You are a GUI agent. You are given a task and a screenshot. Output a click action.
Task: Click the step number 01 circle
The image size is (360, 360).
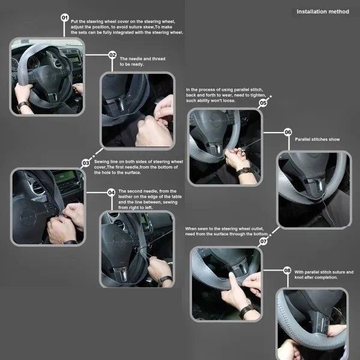[x=65, y=17]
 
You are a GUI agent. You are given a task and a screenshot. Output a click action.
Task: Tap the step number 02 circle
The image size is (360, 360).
[x=112, y=55]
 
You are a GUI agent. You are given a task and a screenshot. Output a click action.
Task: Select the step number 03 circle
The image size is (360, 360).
[x=86, y=163]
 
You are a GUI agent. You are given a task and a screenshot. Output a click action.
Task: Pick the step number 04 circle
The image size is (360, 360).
[x=112, y=193]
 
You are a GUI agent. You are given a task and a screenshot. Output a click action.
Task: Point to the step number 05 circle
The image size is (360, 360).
[x=263, y=103]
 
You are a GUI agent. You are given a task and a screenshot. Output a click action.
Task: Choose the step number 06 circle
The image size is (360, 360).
[x=287, y=132]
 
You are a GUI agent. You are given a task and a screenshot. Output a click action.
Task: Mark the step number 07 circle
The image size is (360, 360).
[x=263, y=241]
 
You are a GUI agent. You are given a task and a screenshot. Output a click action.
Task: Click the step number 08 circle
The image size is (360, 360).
[x=287, y=271]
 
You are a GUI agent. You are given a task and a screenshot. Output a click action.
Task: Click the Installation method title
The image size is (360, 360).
[x=323, y=12]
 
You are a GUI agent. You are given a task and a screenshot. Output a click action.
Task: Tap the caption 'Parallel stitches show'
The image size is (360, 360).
[x=317, y=139]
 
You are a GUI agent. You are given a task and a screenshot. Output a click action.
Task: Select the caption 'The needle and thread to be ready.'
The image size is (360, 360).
[x=142, y=62]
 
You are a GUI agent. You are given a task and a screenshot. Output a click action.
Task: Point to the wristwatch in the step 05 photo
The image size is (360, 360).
[x=244, y=171]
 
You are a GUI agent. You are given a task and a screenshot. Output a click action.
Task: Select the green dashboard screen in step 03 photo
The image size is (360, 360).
[x=65, y=177]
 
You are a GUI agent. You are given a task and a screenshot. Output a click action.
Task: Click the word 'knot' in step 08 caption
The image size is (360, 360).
[x=299, y=277]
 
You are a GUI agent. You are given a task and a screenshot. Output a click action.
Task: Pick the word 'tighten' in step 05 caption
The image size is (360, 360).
[x=258, y=95]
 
